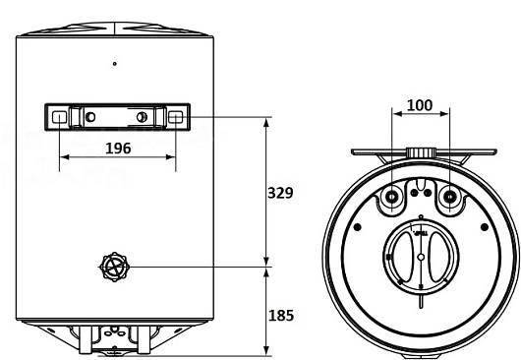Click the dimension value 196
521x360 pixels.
click(118, 149)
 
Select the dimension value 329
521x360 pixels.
click(280, 193)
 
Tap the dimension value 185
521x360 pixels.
click(281, 316)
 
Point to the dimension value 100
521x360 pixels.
click(420, 105)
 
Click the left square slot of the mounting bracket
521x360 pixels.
click(60, 117)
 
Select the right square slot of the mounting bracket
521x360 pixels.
click(175, 117)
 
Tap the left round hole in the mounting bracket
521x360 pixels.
click(90, 117)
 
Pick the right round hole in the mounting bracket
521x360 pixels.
click(142, 117)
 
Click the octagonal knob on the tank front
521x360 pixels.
click(114, 267)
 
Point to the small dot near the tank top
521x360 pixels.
click(115, 64)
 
